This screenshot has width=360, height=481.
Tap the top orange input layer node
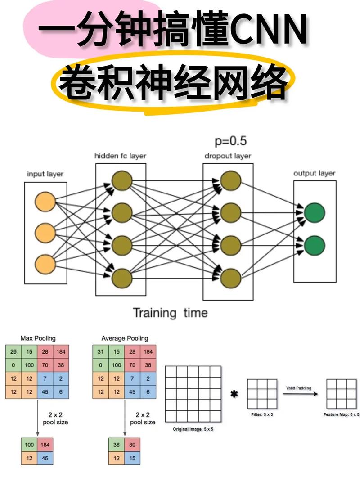(x=45, y=202)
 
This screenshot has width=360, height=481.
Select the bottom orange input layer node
(x=45, y=264)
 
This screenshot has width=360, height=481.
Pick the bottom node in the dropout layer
(x=231, y=277)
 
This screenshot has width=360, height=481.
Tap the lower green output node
(x=314, y=246)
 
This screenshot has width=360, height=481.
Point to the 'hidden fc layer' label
(x=120, y=156)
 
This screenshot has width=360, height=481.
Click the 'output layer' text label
(x=315, y=173)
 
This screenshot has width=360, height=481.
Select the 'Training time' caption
(x=170, y=313)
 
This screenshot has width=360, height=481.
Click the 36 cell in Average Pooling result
(x=117, y=445)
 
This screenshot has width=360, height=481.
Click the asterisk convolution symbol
(x=234, y=395)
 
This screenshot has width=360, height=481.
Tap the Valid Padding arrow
(x=300, y=394)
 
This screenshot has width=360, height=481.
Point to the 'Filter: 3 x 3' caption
(x=261, y=414)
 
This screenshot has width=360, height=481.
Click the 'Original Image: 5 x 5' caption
(x=193, y=429)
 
